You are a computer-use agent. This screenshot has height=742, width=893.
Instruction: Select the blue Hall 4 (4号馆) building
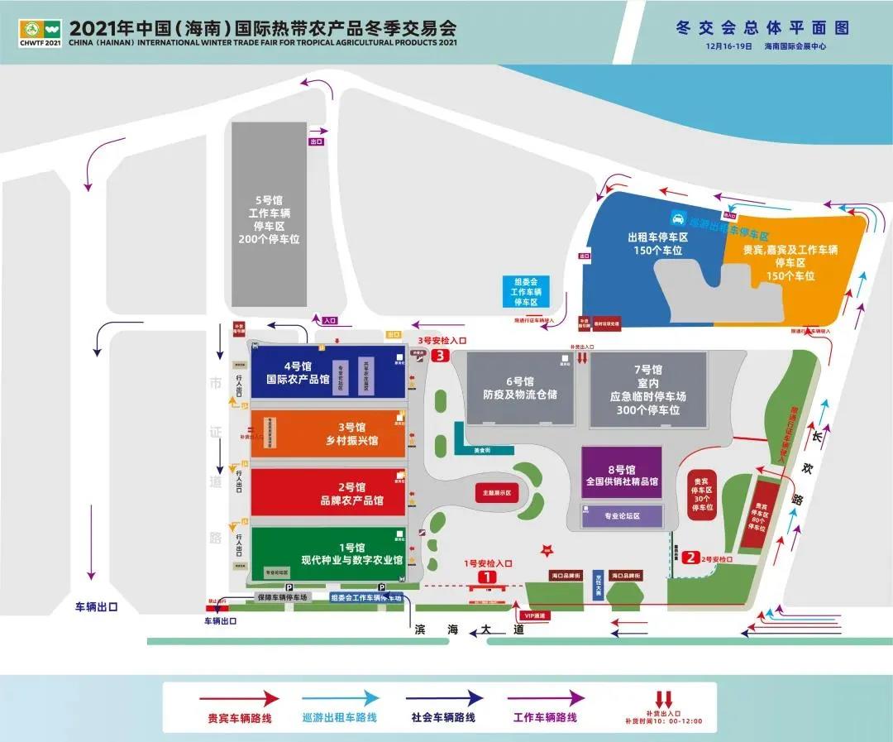(328, 372)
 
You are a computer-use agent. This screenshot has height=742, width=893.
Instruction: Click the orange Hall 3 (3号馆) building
(328, 433)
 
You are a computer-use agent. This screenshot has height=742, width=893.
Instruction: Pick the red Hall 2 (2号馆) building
(328, 493)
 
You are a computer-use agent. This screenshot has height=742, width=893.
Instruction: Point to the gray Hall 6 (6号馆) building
(519, 388)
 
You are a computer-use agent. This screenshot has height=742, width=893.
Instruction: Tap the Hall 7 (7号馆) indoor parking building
(648, 390)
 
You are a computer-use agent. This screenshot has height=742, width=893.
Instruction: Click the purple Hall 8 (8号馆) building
(622, 472)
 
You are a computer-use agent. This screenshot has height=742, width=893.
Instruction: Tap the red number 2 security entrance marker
(691, 558)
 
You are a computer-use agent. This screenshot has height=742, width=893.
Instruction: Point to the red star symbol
(545, 549)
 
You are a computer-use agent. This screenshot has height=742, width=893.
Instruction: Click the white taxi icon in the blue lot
(677, 219)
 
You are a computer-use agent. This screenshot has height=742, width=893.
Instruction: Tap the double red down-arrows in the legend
(663, 699)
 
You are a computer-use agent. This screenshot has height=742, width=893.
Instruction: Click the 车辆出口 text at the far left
(97, 606)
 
